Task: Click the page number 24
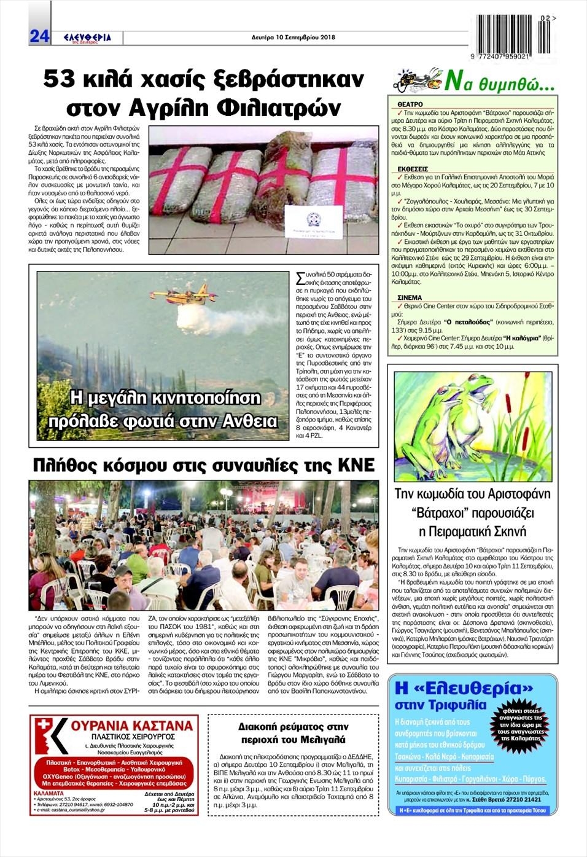(x=39, y=36)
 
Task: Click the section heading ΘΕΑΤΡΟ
(x=410, y=105)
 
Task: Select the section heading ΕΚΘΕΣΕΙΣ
(x=413, y=168)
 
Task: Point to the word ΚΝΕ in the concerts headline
(x=356, y=466)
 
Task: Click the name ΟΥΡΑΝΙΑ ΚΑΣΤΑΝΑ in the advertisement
(x=131, y=726)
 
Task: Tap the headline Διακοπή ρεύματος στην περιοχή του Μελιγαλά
(x=293, y=733)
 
